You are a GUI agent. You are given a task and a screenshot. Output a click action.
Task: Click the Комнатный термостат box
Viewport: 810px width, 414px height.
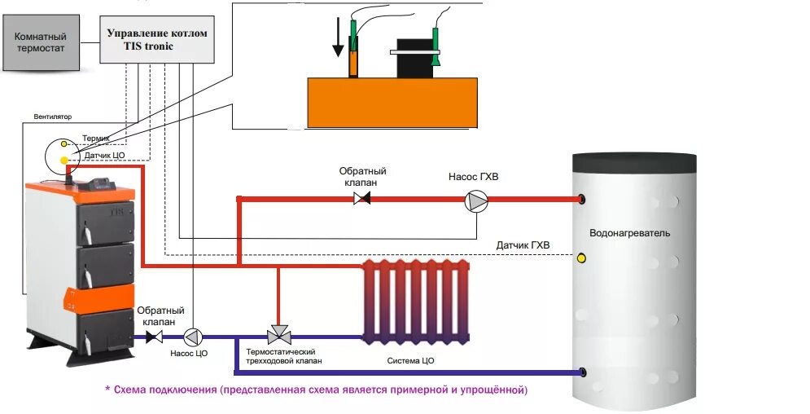(41, 42)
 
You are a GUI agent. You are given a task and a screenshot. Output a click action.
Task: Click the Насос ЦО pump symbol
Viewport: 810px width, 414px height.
(192, 335)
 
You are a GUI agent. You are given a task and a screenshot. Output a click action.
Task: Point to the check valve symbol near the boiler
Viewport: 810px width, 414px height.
(154, 335)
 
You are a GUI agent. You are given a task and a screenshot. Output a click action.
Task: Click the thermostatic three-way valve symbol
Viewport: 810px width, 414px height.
(278, 335)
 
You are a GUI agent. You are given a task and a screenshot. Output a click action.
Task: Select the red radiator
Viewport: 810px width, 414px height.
(415, 300)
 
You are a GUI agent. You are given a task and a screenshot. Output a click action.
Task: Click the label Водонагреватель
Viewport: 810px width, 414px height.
(629, 233)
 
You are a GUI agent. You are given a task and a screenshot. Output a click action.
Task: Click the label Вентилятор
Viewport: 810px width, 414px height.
(53, 117)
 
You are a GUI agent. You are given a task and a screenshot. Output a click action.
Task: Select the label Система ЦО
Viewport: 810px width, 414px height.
(410, 359)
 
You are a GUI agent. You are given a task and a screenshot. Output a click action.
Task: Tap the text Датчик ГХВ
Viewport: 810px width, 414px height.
(523, 244)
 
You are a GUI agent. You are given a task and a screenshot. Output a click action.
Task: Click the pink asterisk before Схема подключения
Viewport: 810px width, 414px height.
(107, 390)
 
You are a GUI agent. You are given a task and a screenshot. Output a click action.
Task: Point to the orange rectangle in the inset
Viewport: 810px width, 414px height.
(392, 102)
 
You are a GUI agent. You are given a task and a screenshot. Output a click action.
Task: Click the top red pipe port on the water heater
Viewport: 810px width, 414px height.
(582, 200)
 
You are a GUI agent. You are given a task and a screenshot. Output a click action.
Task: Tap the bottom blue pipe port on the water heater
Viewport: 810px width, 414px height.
(582, 372)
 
